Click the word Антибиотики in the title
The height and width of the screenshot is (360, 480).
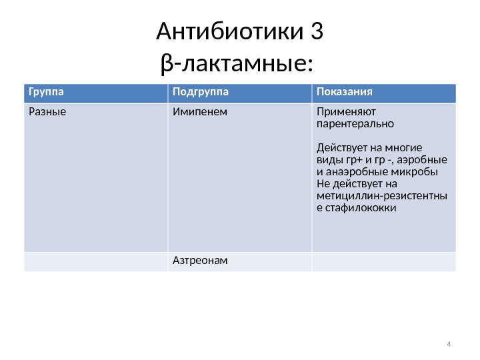click(x=229, y=32)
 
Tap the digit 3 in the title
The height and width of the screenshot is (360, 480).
click(x=317, y=32)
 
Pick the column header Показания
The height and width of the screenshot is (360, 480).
click(x=344, y=91)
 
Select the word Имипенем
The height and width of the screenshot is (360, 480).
click(x=199, y=111)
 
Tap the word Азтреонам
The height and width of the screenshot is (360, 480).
click(x=200, y=259)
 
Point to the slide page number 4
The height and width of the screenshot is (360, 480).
click(x=449, y=344)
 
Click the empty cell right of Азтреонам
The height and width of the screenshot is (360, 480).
click(x=383, y=261)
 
